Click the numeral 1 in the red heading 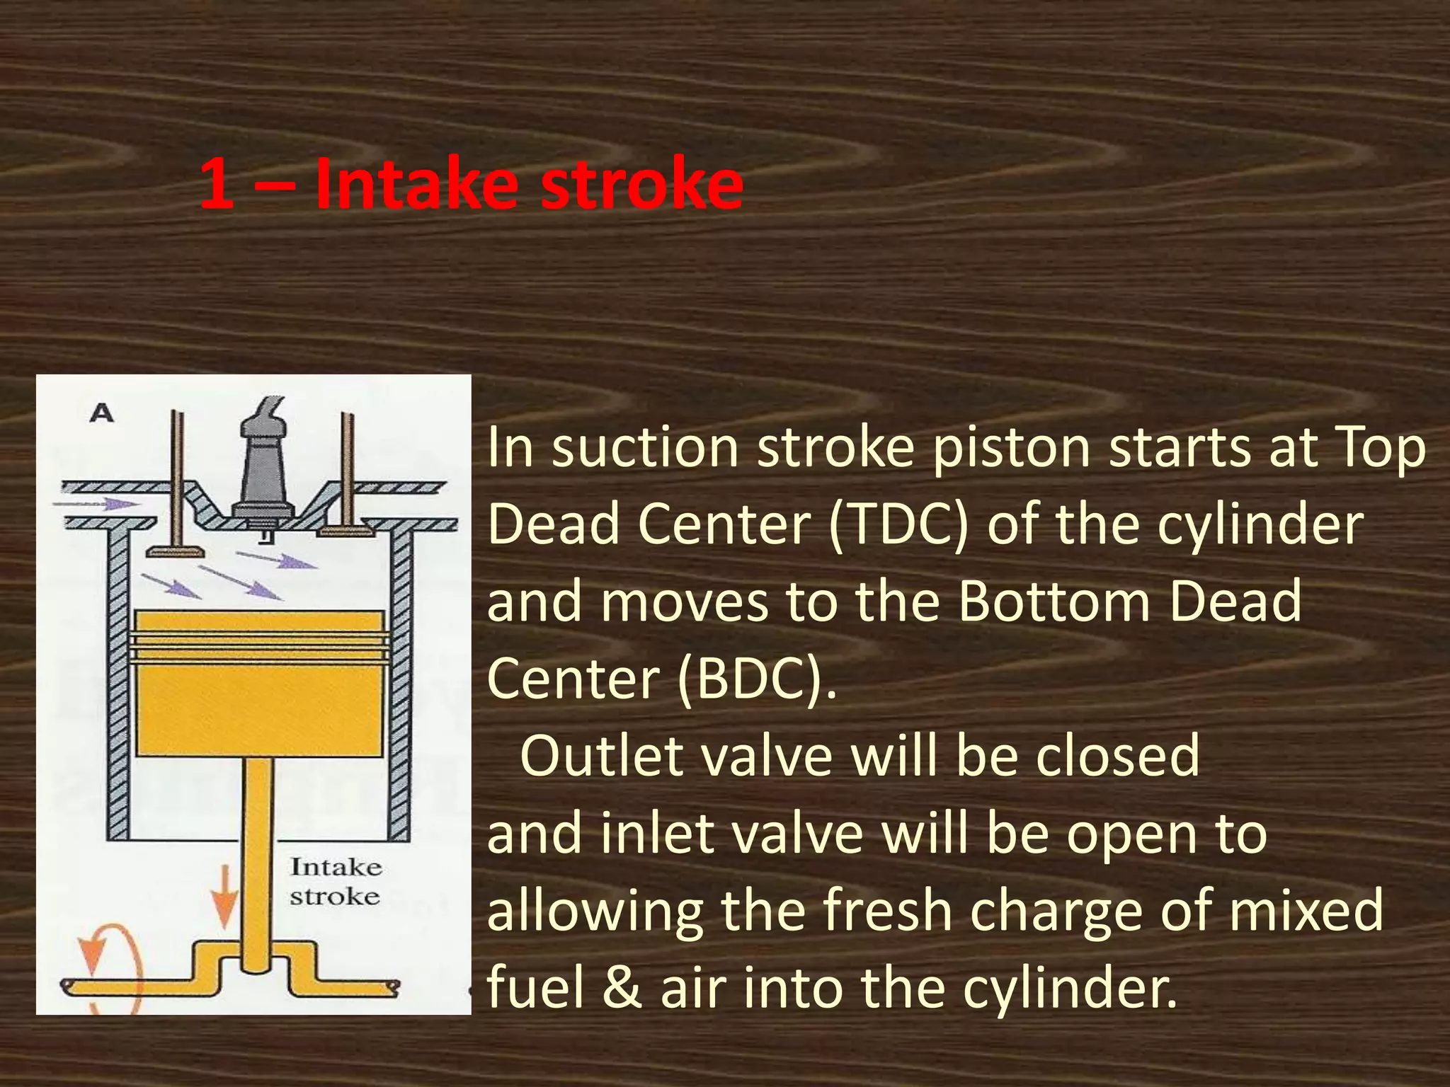tap(217, 184)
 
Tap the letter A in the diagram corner tap(102, 413)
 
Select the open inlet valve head tap(173, 551)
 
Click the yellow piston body tap(260, 701)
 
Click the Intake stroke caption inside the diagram tap(336, 882)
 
